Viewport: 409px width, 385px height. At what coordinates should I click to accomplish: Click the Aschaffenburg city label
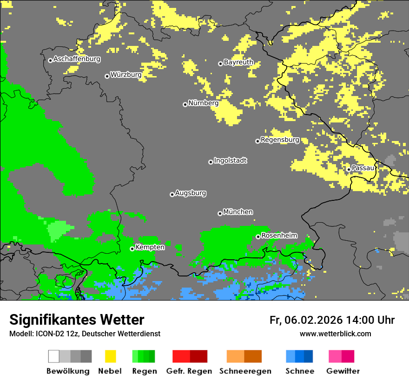pos(77,59)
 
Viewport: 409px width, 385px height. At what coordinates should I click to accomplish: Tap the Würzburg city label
pos(126,75)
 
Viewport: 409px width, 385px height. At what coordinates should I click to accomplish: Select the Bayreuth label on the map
pos(238,62)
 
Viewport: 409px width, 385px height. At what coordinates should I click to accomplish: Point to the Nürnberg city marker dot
pos(185,104)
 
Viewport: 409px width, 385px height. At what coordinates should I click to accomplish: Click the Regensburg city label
pos(280,140)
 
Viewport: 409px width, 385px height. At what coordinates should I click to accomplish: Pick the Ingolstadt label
pos(230,160)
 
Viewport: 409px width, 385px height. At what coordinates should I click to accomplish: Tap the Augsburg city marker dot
pos(172,194)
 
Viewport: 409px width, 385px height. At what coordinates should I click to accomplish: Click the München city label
pos(238,212)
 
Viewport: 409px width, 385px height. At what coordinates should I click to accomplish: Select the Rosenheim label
pos(279,236)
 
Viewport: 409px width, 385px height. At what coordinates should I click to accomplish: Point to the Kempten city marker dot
pos(132,249)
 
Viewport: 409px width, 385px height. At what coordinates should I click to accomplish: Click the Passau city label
pos(363,168)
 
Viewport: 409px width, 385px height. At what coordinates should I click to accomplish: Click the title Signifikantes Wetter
pos(77,320)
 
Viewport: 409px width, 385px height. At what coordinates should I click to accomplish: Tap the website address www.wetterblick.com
pos(335,334)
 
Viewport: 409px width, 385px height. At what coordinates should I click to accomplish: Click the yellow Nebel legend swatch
pos(110,356)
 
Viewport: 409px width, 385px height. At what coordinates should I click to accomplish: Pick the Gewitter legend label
pos(343,371)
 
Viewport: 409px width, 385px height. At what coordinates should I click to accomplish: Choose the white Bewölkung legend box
pos(54,356)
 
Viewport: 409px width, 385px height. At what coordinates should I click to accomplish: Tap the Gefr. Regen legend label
pos(189,371)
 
